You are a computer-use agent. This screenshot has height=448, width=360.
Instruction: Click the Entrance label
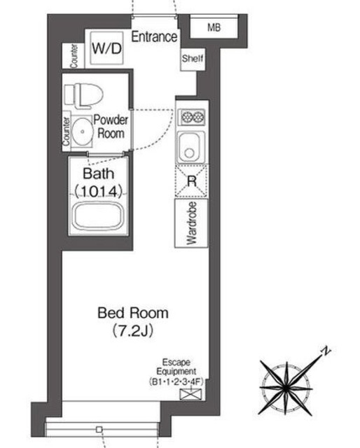click(x=154, y=37)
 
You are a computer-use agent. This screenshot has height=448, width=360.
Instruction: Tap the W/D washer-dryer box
click(x=106, y=48)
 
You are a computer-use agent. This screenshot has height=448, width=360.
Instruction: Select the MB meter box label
click(x=214, y=27)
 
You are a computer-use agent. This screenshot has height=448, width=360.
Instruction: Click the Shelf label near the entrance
click(x=193, y=59)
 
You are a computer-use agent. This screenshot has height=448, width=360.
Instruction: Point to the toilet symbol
click(x=83, y=95)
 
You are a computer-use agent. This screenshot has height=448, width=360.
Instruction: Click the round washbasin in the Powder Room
click(x=82, y=132)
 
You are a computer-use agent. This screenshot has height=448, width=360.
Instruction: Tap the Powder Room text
click(x=111, y=127)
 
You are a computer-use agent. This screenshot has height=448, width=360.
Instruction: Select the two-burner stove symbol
click(x=191, y=117)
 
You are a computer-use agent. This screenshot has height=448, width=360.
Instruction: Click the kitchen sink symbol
click(x=191, y=147)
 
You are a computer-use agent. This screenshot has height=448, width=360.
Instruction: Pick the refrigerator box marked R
click(x=191, y=181)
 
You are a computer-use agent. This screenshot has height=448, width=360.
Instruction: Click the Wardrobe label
click(x=191, y=223)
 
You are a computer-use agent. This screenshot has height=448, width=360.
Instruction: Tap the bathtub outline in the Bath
click(x=99, y=216)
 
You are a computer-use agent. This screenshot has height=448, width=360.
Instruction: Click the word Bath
click(x=98, y=174)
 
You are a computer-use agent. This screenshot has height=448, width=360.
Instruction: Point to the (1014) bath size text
click(x=98, y=191)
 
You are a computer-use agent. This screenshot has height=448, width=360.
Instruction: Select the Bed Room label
click(x=133, y=313)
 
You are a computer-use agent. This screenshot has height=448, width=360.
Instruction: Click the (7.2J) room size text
click(x=133, y=330)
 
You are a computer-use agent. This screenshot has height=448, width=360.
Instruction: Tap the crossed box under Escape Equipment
click(x=191, y=394)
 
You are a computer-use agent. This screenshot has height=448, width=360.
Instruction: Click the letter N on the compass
click(x=325, y=351)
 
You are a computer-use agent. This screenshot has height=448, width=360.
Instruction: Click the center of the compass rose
click(x=286, y=388)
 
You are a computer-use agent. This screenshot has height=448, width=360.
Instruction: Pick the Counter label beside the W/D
click(x=74, y=56)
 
